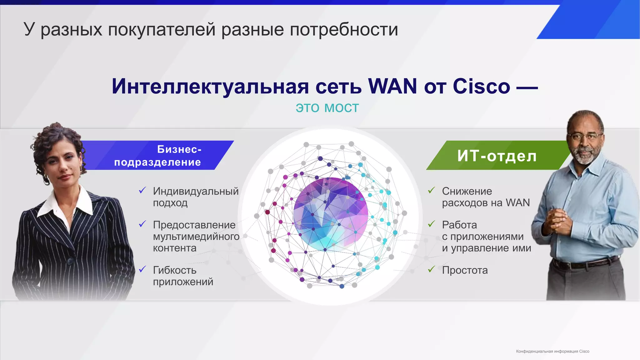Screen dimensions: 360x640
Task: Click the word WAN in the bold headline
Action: tap(392, 86)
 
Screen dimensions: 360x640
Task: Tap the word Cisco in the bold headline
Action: tap(481, 86)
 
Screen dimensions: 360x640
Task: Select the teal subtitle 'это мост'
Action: tap(327, 108)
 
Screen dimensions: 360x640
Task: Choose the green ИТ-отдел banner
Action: tap(497, 155)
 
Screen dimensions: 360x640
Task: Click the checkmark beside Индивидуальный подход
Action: tap(142, 190)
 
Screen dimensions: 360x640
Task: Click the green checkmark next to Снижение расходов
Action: tap(432, 190)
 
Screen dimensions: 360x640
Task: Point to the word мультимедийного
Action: tap(196, 237)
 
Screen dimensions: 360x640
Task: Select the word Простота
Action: tap(465, 270)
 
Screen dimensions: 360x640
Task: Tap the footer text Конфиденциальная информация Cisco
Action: tap(552, 351)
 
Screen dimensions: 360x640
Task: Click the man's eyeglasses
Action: tap(584, 137)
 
